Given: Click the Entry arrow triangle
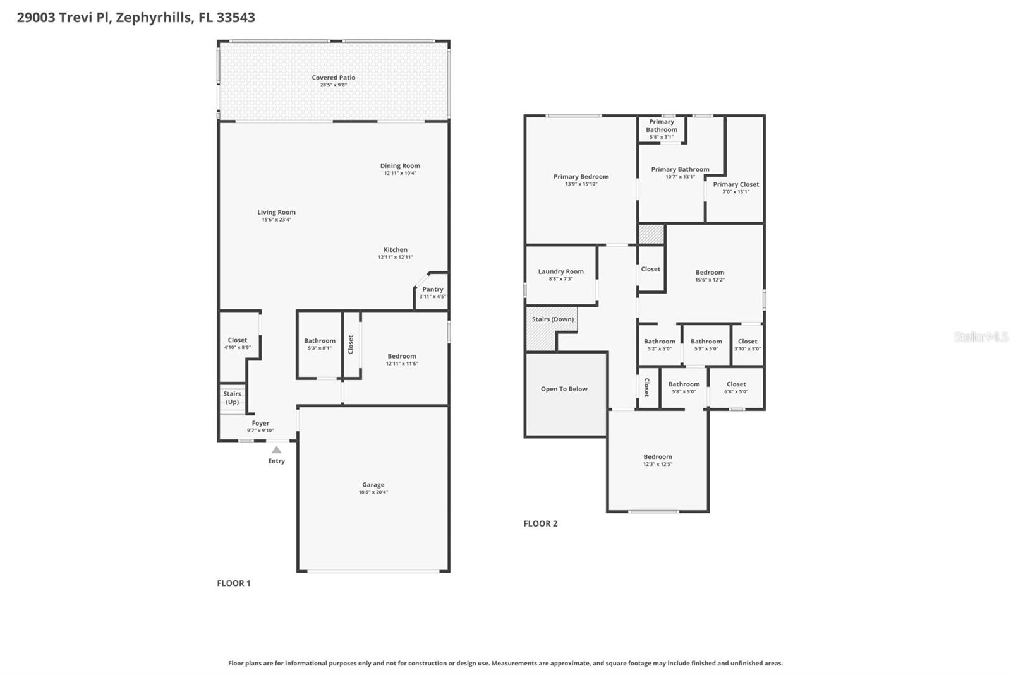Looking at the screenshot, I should tap(276, 450).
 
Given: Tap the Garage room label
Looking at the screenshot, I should tap(373, 485).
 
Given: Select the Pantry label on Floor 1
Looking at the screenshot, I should tap(433, 289).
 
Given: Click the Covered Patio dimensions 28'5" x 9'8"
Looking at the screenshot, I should tap(333, 85).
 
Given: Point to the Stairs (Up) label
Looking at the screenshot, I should tap(232, 398).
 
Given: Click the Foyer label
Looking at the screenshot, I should tap(260, 423).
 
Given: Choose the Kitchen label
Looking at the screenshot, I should tap(396, 249).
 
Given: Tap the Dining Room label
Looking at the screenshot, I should tap(400, 165).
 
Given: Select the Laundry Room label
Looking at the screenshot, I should tap(560, 271).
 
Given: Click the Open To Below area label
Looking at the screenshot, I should tap(564, 389).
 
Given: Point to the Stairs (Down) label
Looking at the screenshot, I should tap(552, 319).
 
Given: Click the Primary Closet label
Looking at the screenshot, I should tap(736, 184).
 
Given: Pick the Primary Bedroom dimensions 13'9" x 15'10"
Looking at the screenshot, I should tap(581, 184).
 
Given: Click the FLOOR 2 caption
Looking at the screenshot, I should tap(540, 523).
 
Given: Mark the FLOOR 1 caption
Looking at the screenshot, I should tap(234, 583).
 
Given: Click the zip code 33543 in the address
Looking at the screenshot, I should tap(236, 18).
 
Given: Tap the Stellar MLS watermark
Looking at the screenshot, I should tap(981, 336).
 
